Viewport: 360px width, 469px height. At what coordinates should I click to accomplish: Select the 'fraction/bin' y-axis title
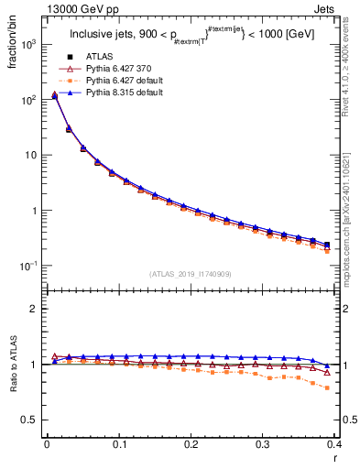(x=14, y=43)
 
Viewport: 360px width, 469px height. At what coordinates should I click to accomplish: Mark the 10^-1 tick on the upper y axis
(x=28, y=266)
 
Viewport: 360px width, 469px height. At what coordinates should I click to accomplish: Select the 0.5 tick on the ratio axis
(x=30, y=420)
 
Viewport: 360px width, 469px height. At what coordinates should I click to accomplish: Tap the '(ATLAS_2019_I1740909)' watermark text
(x=190, y=274)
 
